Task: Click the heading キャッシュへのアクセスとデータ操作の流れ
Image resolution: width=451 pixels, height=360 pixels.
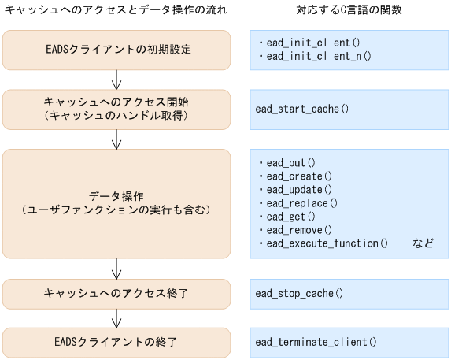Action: click(116, 11)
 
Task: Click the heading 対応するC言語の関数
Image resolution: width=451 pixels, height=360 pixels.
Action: click(349, 11)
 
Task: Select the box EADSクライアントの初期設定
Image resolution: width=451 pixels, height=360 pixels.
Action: click(116, 50)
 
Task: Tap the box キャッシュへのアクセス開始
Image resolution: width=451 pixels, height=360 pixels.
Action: click(116, 109)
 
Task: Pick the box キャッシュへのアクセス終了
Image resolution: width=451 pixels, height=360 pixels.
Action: click(116, 293)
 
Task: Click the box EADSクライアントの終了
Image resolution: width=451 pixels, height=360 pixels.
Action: click(116, 342)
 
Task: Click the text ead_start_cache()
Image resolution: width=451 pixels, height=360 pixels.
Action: click(301, 109)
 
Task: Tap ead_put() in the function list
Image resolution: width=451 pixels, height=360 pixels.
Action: click(290, 162)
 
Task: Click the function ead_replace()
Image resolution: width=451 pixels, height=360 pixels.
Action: click(301, 202)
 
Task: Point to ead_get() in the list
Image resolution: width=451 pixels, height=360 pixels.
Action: click(290, 216)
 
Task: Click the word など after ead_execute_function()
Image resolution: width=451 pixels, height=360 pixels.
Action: click(423, 243)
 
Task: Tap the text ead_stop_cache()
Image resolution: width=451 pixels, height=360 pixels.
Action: click(299, 293)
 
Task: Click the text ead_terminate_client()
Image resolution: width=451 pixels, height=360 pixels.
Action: click(316, 342)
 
